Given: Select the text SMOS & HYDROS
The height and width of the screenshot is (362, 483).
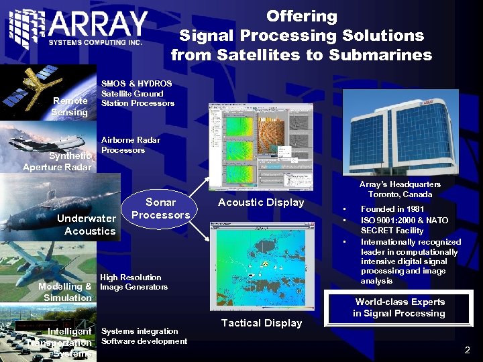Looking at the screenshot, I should pyautogui.click(x=136, y=84).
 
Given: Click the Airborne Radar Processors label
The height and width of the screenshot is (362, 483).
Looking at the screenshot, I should pyautogui.click(x=130, y=145).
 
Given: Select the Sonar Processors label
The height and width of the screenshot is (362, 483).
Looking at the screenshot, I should pyautogui.click(x=160, y=208).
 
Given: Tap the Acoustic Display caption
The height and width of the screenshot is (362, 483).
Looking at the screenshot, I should pyautogui.click(x=261, y=202).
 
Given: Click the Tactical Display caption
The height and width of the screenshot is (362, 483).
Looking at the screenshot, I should pyautogui.click(x=261, y=323).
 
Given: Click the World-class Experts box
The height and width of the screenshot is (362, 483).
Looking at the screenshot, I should pyautogui.click(x=400, y=308).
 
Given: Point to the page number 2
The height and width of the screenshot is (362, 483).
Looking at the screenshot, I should pyautogui.click(x=467, y=350).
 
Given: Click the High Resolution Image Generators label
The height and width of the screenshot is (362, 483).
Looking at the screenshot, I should pyautogui.click(x=133, y=282).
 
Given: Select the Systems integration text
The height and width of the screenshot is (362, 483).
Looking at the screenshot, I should pyautogui.click(x=140, y=330).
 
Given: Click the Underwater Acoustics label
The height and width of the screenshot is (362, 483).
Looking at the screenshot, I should pyautogui.click(x=87, y=225).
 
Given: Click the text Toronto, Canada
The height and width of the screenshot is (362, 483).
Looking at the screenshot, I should pyautogui.click(x=400, y=194).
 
